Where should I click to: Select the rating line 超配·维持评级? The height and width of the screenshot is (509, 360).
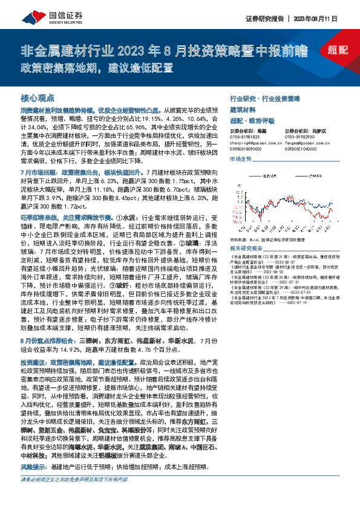(x=252, y=121)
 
